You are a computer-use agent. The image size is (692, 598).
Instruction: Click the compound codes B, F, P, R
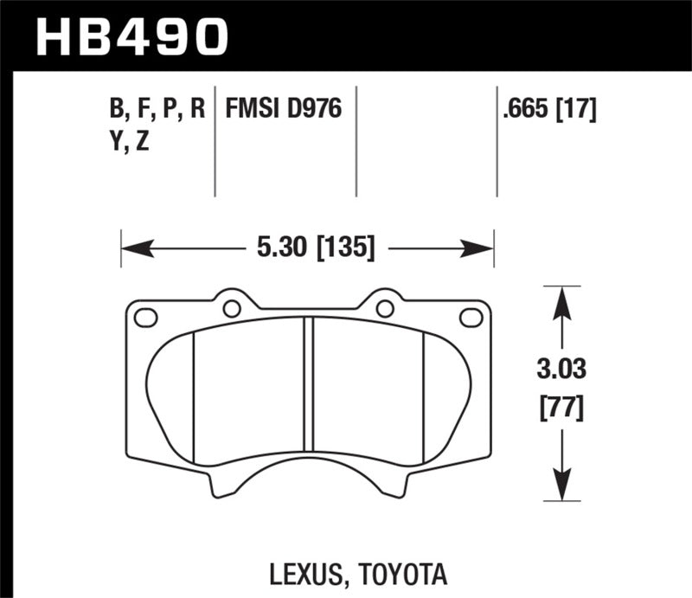pyautogui.click(x=157, y=110)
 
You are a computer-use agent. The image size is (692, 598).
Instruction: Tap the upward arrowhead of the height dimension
pyautogui.click(x=561, y=299)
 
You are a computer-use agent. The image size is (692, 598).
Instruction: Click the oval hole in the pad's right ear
pyautogui.click(x=471, y=318)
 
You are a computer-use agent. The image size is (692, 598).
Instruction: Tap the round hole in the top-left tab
pyautogui.click(x=232, y=308)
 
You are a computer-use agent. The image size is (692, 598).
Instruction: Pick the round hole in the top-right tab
pyautogui.click(x=385, y=308)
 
